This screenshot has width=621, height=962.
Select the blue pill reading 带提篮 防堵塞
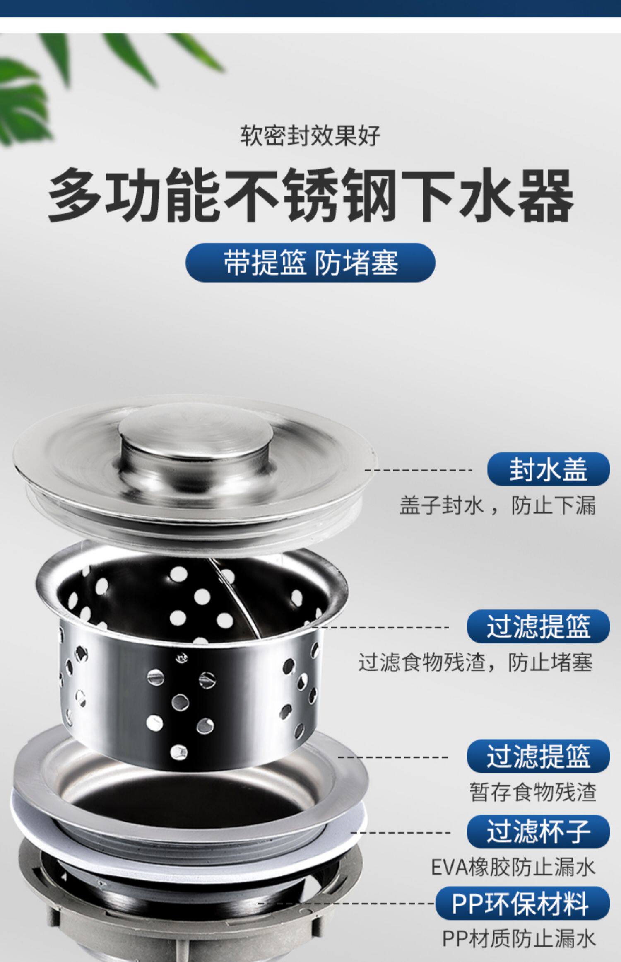(x=310, y=263)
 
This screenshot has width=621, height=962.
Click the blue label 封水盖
(x=548, y=469)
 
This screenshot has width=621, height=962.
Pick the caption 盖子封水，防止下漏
(x=497, y=505)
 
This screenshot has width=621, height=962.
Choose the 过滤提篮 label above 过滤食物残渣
(x=538, y=626)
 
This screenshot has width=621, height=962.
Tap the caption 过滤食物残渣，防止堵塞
(x=475, y=662)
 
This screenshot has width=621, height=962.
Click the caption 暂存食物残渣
(x=532, y=792)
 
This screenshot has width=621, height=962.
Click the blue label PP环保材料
(x=522, y=904)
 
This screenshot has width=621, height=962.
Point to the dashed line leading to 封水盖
(x=418, y=470)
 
